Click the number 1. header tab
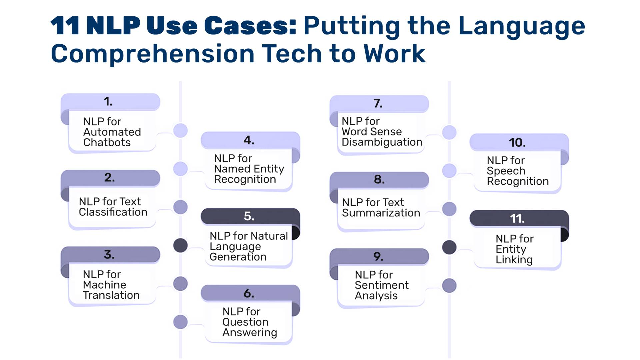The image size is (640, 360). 110,101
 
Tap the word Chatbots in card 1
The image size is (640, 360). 107,143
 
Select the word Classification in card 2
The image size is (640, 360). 113,212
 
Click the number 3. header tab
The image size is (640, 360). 110,254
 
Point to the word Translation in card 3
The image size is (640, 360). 111,295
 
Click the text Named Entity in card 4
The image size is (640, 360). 249,169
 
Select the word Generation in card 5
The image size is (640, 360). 238,257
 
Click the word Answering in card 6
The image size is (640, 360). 250,333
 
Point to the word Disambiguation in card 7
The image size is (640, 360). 382,142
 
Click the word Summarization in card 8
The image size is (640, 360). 381,213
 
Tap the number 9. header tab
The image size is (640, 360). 379,256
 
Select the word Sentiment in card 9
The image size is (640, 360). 381,285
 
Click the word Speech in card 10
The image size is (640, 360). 506,171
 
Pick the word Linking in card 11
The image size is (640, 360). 514,260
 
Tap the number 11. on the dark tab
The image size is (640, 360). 517,219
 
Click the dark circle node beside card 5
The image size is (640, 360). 180,246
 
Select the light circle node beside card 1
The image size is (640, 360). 180,131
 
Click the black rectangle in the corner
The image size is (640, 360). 564,334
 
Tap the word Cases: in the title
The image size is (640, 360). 250,26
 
